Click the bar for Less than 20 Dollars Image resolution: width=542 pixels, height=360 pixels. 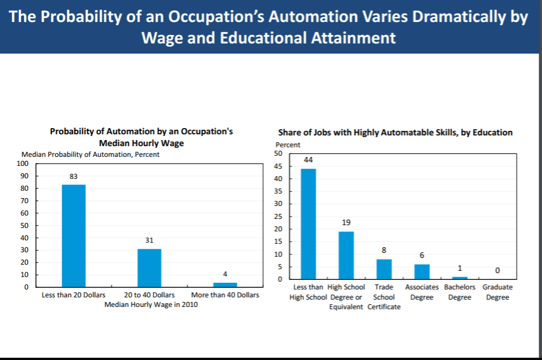coord(74,235)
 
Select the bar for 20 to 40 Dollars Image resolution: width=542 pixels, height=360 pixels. coord(149,267)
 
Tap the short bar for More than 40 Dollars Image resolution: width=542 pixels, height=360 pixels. coord(225,284)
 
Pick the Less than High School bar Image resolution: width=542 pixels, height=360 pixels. coord(308,223)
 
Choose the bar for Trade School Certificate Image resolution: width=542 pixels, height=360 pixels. coord(384,269)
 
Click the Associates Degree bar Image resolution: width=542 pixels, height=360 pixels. coord(422,271)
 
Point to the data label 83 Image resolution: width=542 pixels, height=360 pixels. coord(74,177)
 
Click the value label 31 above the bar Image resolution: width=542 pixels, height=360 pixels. coord(149,240)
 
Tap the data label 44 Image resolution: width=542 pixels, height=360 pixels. coord(308,160)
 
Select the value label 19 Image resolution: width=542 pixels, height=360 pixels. coord(346,223)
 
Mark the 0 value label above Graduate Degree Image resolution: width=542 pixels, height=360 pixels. coord(497,270)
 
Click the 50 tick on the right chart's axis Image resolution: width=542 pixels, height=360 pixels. coord(278,154)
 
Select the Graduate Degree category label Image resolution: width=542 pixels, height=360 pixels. coord(497,292)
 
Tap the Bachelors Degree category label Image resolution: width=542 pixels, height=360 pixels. coord(460,292)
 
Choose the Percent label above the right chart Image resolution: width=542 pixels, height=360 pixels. coord(288,145)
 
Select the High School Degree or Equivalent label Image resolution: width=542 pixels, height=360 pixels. coord(346,297)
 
